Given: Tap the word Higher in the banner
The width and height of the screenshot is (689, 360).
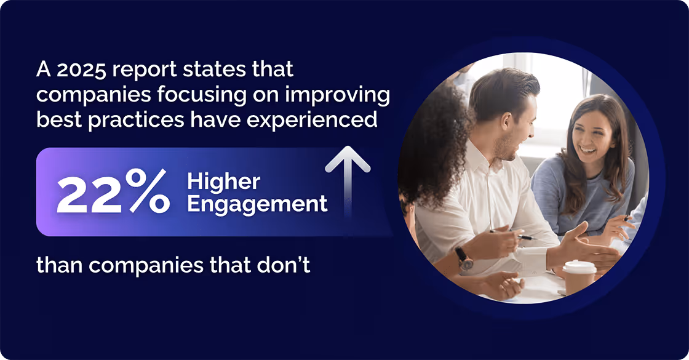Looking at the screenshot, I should pyautogui.click(x=224, y=182).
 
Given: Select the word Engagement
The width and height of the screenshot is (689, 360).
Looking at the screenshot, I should pyautogui.click(x=257, y=204).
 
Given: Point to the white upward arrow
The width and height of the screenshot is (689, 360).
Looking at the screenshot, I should pyautogui.click(x=348, y=178).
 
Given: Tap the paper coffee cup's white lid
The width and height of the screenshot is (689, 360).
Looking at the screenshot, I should pyautogui.click(x=579, y=267).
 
